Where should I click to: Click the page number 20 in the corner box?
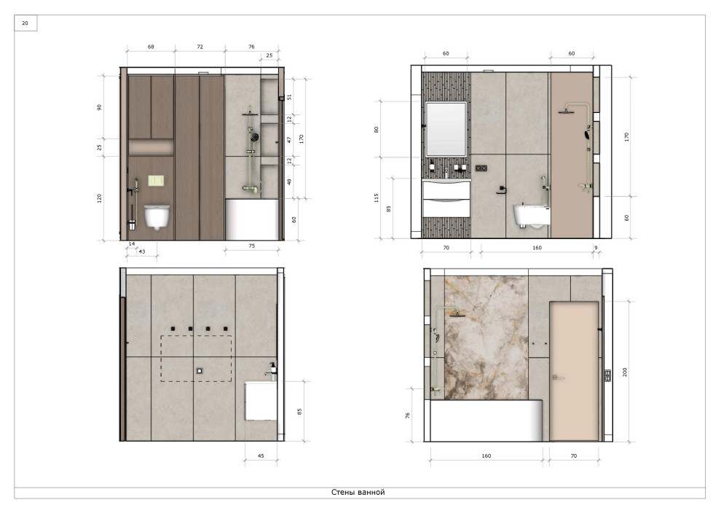click(25, 23)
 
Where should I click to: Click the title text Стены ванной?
click(358, 493)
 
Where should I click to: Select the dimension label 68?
click(151, 47)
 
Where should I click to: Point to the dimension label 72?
click(200, 47)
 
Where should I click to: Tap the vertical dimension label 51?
click(289, 97)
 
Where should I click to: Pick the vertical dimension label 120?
click(99, 198)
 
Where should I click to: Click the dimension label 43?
click(141, 251)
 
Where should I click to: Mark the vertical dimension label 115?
click(376, 197)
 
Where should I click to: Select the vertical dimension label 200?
click(625, 372)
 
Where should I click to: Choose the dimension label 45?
click(261, 456)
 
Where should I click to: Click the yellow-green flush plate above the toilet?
click(156, 181)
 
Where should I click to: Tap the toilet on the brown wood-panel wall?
click(157, 216)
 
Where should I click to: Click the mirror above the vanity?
click(446, 129)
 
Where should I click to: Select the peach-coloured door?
click(575, 372)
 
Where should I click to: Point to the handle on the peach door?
click(558, 377)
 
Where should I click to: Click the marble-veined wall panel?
click(486, 337)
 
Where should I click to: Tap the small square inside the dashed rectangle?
click(200, 371)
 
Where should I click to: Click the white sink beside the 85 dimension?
click(261, 401)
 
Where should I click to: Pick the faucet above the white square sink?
click(272, 372)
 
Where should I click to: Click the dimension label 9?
click(596, 248)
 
